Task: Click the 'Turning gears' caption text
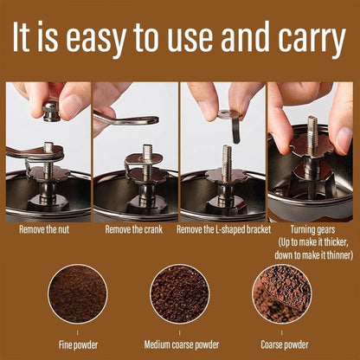tap(311, 229)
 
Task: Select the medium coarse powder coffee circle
tap(179, 294)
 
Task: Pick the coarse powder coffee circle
tap(281, 294)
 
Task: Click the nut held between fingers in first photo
tap(51, 110)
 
